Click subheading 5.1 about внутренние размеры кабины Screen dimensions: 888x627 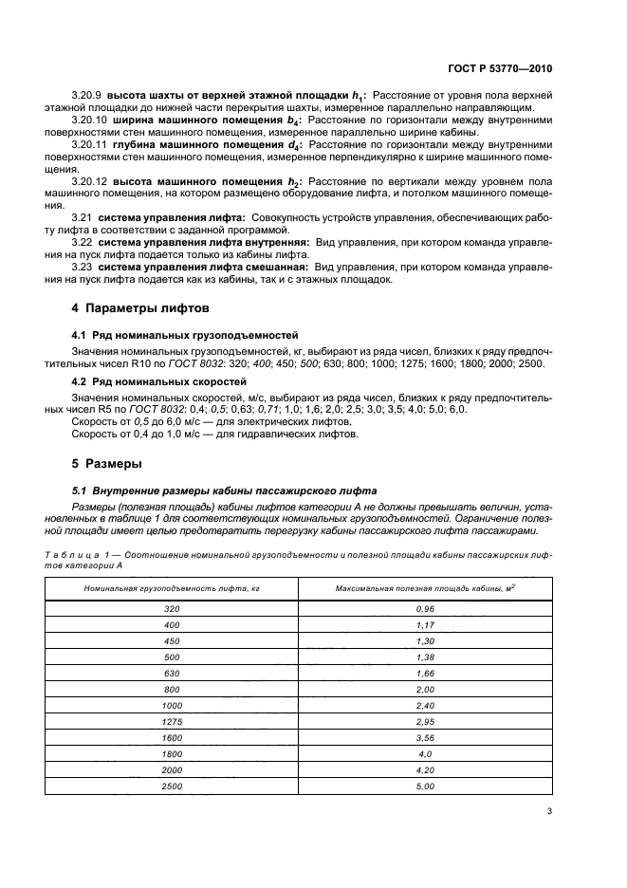pos(224,490)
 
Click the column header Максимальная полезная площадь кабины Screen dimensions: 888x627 pos(424,589)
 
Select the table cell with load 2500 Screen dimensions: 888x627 pos(172,786)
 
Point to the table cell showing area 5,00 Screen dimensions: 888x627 pos(424,786)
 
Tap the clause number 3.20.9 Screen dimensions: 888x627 pos(87,97)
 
